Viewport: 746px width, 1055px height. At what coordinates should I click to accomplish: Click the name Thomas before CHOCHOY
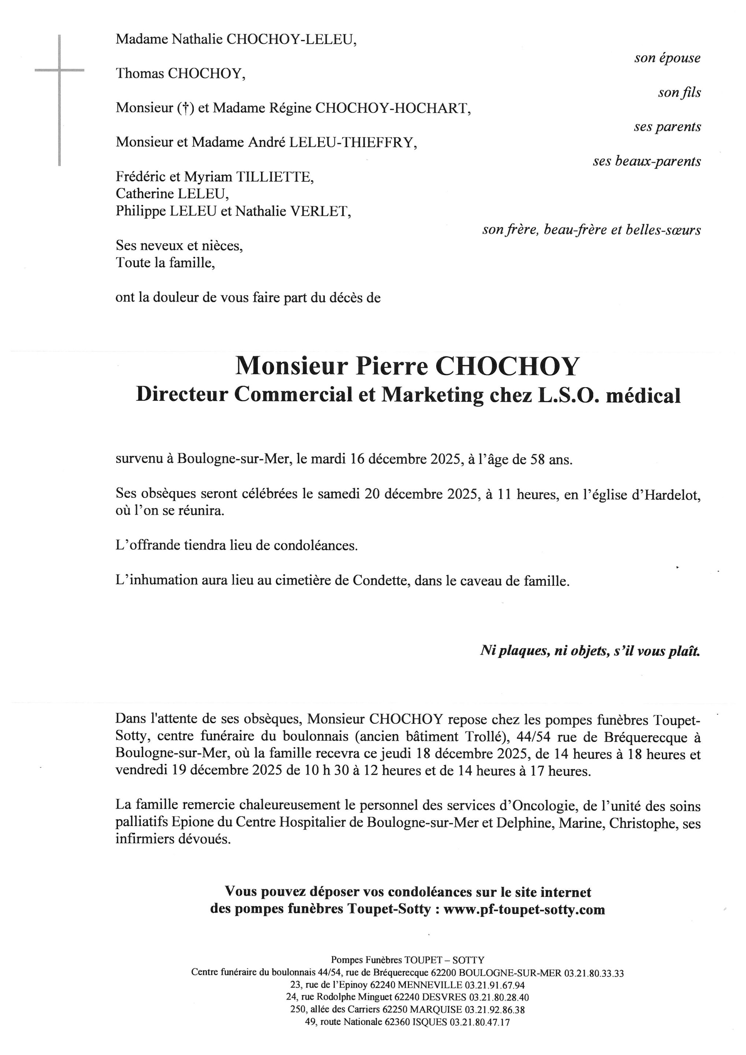[140, 74]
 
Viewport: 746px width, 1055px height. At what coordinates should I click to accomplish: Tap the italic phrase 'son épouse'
[668, 58]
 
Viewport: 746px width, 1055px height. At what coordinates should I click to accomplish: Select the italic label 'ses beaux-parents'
[647, 161]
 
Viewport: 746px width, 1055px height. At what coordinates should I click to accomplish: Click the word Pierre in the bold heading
[391, 366]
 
